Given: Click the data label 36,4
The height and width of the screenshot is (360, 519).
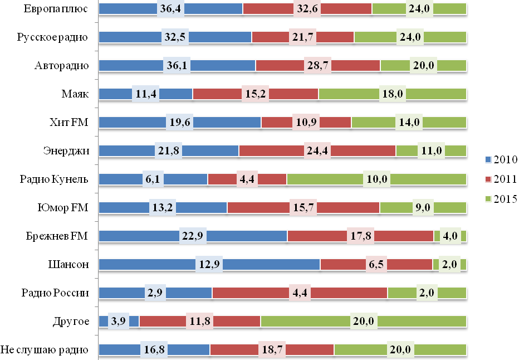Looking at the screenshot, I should coord(170,8).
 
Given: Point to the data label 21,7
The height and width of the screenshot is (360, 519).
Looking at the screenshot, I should coord(303,37).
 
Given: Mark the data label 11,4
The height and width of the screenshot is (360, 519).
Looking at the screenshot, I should coord(146,94).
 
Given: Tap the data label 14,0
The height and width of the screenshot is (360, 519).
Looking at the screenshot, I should coord(409,122).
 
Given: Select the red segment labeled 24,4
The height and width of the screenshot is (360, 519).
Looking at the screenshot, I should coord(362,150).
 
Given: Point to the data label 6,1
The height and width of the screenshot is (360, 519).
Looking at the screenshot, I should coord(153,179).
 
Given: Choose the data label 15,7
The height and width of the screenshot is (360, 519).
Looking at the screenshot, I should coord(303,207).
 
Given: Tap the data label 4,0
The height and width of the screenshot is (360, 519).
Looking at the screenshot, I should coord(449,236).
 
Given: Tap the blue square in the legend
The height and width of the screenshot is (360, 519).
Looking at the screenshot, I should coord(488,159).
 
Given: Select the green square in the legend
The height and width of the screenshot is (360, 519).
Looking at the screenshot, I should coord(488,198).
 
